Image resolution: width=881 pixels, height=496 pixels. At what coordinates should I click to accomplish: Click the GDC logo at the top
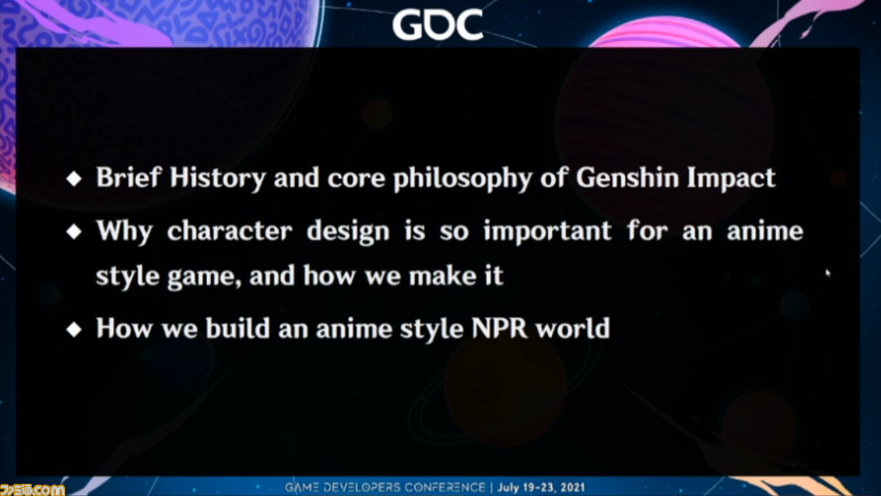click(438, 24)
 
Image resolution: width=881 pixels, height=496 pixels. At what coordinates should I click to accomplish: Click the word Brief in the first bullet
click(129, 177)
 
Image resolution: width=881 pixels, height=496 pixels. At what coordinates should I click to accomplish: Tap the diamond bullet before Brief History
click(74, 178)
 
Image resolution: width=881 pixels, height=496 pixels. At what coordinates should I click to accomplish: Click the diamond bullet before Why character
click(74, 231)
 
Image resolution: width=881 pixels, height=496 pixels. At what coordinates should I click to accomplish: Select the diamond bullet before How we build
click(74, 329)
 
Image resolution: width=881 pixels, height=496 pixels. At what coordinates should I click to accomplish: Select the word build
click(238, 328)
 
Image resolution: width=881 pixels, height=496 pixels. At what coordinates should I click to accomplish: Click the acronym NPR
click(500, 328)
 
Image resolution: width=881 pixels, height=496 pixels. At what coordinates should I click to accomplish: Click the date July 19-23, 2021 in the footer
click(541, 487)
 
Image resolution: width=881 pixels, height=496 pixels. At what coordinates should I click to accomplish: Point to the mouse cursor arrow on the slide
click(827, 273)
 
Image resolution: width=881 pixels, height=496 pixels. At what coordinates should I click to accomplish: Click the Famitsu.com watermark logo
click(32, 489)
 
